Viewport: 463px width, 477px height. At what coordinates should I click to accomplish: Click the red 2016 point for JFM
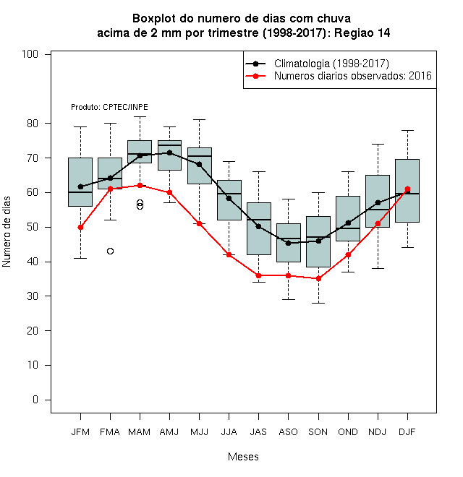tap(80, 227)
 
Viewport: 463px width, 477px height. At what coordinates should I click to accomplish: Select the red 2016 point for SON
tap(318, 279)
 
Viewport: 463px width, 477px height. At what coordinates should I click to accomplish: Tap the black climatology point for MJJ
tap(199, 165)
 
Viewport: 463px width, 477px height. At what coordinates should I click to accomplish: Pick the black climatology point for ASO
tap(288, 243)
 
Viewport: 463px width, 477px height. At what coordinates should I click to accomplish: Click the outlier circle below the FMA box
tap(110, 251)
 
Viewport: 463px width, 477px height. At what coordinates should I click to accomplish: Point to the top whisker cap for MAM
tap(140, 116)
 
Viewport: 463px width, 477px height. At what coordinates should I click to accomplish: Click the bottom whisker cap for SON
tap(318, 303)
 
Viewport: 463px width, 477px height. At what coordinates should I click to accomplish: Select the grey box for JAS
tap(258, 228)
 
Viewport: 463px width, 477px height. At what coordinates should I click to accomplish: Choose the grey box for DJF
tap(407, 191)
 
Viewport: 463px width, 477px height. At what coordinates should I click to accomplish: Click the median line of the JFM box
tap(80, 192)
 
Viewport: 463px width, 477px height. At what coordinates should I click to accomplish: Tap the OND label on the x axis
tap(348, 432)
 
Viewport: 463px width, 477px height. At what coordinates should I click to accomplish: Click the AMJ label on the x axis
tap(169, 432)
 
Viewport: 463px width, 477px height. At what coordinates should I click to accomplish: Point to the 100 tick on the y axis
tap(48, 54)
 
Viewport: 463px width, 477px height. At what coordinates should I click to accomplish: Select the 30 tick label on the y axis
tap(33, 296)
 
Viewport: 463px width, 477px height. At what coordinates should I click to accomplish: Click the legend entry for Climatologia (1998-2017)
tap(317, 64)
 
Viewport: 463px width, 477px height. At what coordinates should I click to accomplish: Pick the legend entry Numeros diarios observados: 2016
tap(339, 76)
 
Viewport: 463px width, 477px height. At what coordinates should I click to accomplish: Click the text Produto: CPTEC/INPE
tap(109, 107)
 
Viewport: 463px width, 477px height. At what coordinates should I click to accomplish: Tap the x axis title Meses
tap(243, 457)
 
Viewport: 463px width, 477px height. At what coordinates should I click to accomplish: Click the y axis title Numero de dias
tap(7, 232)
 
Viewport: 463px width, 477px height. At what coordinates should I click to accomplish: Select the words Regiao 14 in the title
tap(362, 33)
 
